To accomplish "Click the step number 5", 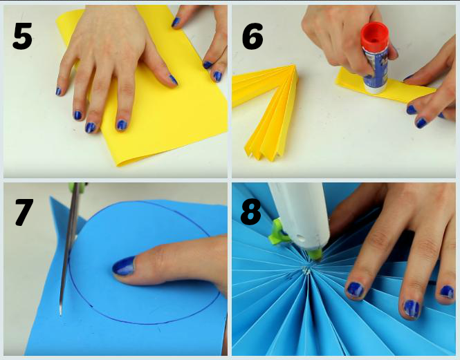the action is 22,37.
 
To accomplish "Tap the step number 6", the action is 252,37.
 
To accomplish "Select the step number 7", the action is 24,212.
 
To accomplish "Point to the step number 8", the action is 251,212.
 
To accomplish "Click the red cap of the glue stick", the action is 375,35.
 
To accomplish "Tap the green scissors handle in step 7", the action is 77,186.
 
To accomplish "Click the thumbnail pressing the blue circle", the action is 124,265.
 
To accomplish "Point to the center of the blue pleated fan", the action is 306,271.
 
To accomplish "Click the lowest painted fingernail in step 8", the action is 412,309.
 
